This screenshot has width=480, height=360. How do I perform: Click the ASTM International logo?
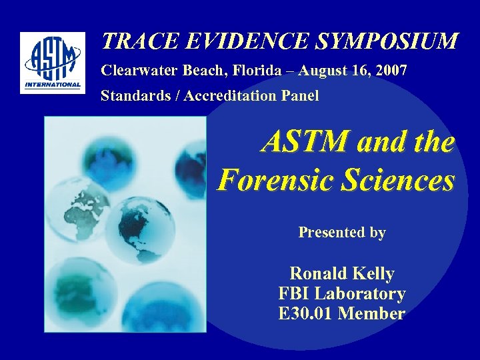[53, 63]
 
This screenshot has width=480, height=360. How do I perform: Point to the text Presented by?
[342, 233]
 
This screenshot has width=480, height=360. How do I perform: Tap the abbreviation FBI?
[295, 293]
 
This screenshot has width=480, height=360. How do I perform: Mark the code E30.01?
[306, 313]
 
